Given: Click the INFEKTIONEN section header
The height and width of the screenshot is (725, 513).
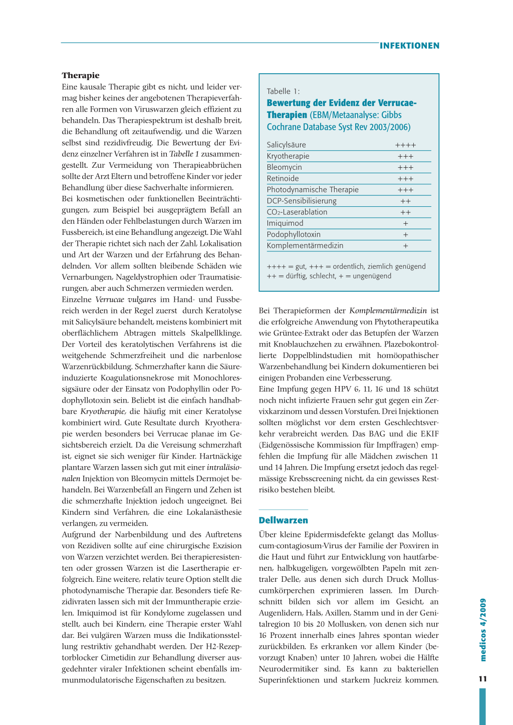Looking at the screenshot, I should tap(409, 46).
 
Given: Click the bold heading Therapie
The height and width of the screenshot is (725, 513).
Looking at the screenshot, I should tap(81, 76).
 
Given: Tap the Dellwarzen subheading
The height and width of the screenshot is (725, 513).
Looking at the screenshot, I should tap(283, 520).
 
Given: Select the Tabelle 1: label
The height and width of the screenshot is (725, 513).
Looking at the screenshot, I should tap(283, 91).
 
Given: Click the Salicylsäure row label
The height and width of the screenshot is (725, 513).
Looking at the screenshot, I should tap(286, 145).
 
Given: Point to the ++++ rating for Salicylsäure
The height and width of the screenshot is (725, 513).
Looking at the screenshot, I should tap(405, 145).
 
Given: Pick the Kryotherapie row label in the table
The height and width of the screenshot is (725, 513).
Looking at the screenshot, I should tap(288, 156).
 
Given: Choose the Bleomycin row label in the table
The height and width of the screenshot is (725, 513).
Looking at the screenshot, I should tap(284, 167).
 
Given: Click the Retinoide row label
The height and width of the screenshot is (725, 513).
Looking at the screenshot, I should tap(283, 178).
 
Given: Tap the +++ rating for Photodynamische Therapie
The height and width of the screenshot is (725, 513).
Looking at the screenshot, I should tap(405, 190).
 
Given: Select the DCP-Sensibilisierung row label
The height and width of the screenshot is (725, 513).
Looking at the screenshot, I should tap(302, 201).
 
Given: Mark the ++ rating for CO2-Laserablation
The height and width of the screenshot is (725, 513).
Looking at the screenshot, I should tap(405, 212).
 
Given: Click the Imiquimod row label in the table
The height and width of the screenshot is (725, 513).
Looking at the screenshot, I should tap(285, 223).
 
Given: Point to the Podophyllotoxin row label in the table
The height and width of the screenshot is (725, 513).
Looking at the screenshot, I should tap(294, 234).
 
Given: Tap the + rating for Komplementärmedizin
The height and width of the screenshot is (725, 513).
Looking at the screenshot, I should tap(405, 246).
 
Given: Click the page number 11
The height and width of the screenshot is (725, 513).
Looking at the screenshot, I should tap(482, 679).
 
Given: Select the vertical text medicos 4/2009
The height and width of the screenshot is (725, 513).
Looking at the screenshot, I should tap(483, 630).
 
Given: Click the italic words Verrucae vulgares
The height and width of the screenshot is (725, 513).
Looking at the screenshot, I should tap(126, 299).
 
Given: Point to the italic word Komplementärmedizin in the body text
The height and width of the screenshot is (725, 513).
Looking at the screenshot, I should tap(388, 310).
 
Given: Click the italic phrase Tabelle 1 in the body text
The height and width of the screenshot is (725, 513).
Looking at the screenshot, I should tap(184, 154).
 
